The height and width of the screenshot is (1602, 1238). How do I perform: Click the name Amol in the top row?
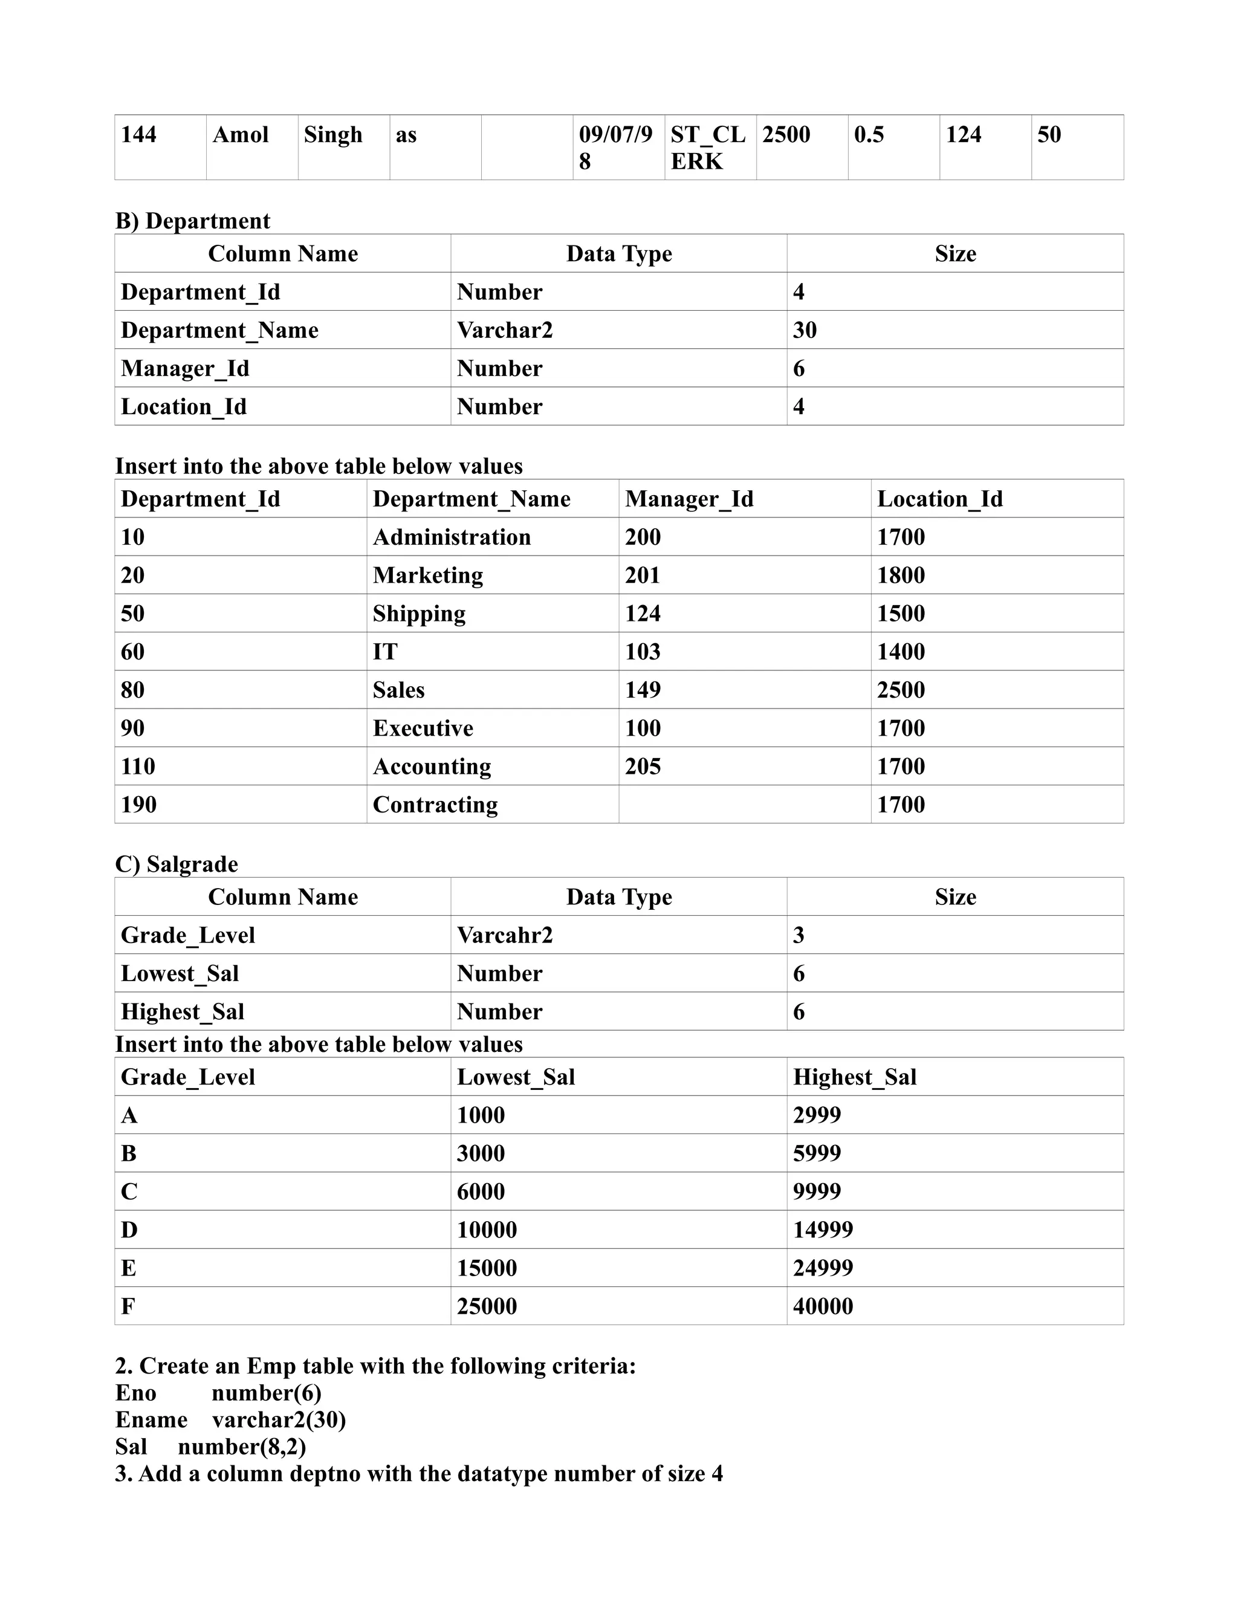[x=240, y=135]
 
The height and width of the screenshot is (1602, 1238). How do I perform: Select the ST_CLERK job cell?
[x=708, y=148]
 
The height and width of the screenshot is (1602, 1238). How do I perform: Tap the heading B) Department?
[x=192, y=221]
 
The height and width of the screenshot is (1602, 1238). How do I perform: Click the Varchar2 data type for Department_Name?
[x=505, y=330]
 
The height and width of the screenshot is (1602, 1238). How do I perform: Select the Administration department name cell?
[x=451, y=537]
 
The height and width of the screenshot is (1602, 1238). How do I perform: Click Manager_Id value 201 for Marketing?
[x=643, y=575]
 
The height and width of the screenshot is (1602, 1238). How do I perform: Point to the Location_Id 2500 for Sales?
[x=901, y=690]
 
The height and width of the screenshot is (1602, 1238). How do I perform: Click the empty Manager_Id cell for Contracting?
[x=744, y=804]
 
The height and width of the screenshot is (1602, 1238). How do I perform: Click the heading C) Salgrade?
[x=176, y=864]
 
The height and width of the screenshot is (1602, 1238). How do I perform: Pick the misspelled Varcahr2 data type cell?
[x=505, y=935]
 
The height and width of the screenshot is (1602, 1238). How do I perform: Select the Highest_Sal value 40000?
[x=822, y=1306]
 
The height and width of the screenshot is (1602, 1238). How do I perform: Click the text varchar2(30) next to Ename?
[x=279, y=1420]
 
